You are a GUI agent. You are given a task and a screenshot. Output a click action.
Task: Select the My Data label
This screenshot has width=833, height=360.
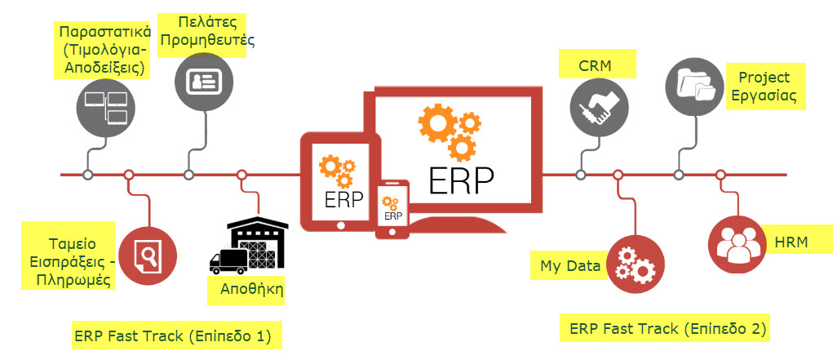(x=570, y=266)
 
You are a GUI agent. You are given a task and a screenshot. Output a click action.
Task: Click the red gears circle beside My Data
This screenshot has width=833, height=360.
(x=633, y=262)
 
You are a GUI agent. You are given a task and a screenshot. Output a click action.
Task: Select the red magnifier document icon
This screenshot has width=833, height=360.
(x=148, y=255)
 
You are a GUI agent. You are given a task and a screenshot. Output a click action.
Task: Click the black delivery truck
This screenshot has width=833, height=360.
(x=228, y=260)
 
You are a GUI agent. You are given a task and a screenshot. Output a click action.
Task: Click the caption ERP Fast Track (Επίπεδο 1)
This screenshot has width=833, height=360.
(x=171, y=335)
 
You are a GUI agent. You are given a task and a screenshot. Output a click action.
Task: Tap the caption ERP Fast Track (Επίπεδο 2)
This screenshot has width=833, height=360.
(x=668, y=329)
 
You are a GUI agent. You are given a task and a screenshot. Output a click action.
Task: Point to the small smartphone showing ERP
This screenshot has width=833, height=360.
(x=393, y=207)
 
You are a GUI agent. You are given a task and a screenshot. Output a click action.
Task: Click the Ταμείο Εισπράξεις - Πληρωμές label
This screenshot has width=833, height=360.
(x=71, y=254)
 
